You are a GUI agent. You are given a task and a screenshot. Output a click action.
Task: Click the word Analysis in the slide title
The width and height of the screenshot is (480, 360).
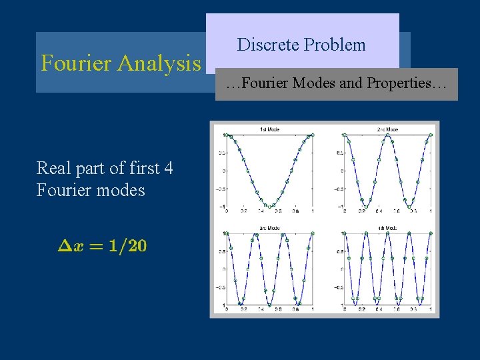pyautogui.click(x=159, y=63)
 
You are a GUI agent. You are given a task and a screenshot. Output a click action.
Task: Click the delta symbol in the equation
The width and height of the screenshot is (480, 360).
pyautogui.click(x=64, y=245)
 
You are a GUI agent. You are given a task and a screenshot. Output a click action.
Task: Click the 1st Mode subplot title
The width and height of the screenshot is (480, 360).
pyautogui.click(x=269, y=129)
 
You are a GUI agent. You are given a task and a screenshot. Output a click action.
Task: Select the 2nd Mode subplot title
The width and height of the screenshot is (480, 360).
pyautogui.click(x=387, y=129)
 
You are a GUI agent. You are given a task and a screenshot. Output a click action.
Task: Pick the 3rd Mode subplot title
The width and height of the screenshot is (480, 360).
pyautogui.click(x=269, y=228)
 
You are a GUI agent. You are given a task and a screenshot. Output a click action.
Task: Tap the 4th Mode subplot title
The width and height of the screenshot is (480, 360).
pyautogui.click(x=387, y=228)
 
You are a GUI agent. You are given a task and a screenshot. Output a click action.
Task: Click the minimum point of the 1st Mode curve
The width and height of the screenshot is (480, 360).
pyautogui.click(x=269, y=207)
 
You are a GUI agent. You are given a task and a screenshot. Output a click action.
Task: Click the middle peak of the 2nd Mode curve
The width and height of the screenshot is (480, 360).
pyautogui.click(x=387, y=135)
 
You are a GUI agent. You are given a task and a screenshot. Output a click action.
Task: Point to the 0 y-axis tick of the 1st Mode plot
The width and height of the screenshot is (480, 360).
pyautogui.click(x=222, y=171)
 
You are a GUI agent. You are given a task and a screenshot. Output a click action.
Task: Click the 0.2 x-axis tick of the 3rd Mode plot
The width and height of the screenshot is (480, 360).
pyautogui.click(x=243, y=311)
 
